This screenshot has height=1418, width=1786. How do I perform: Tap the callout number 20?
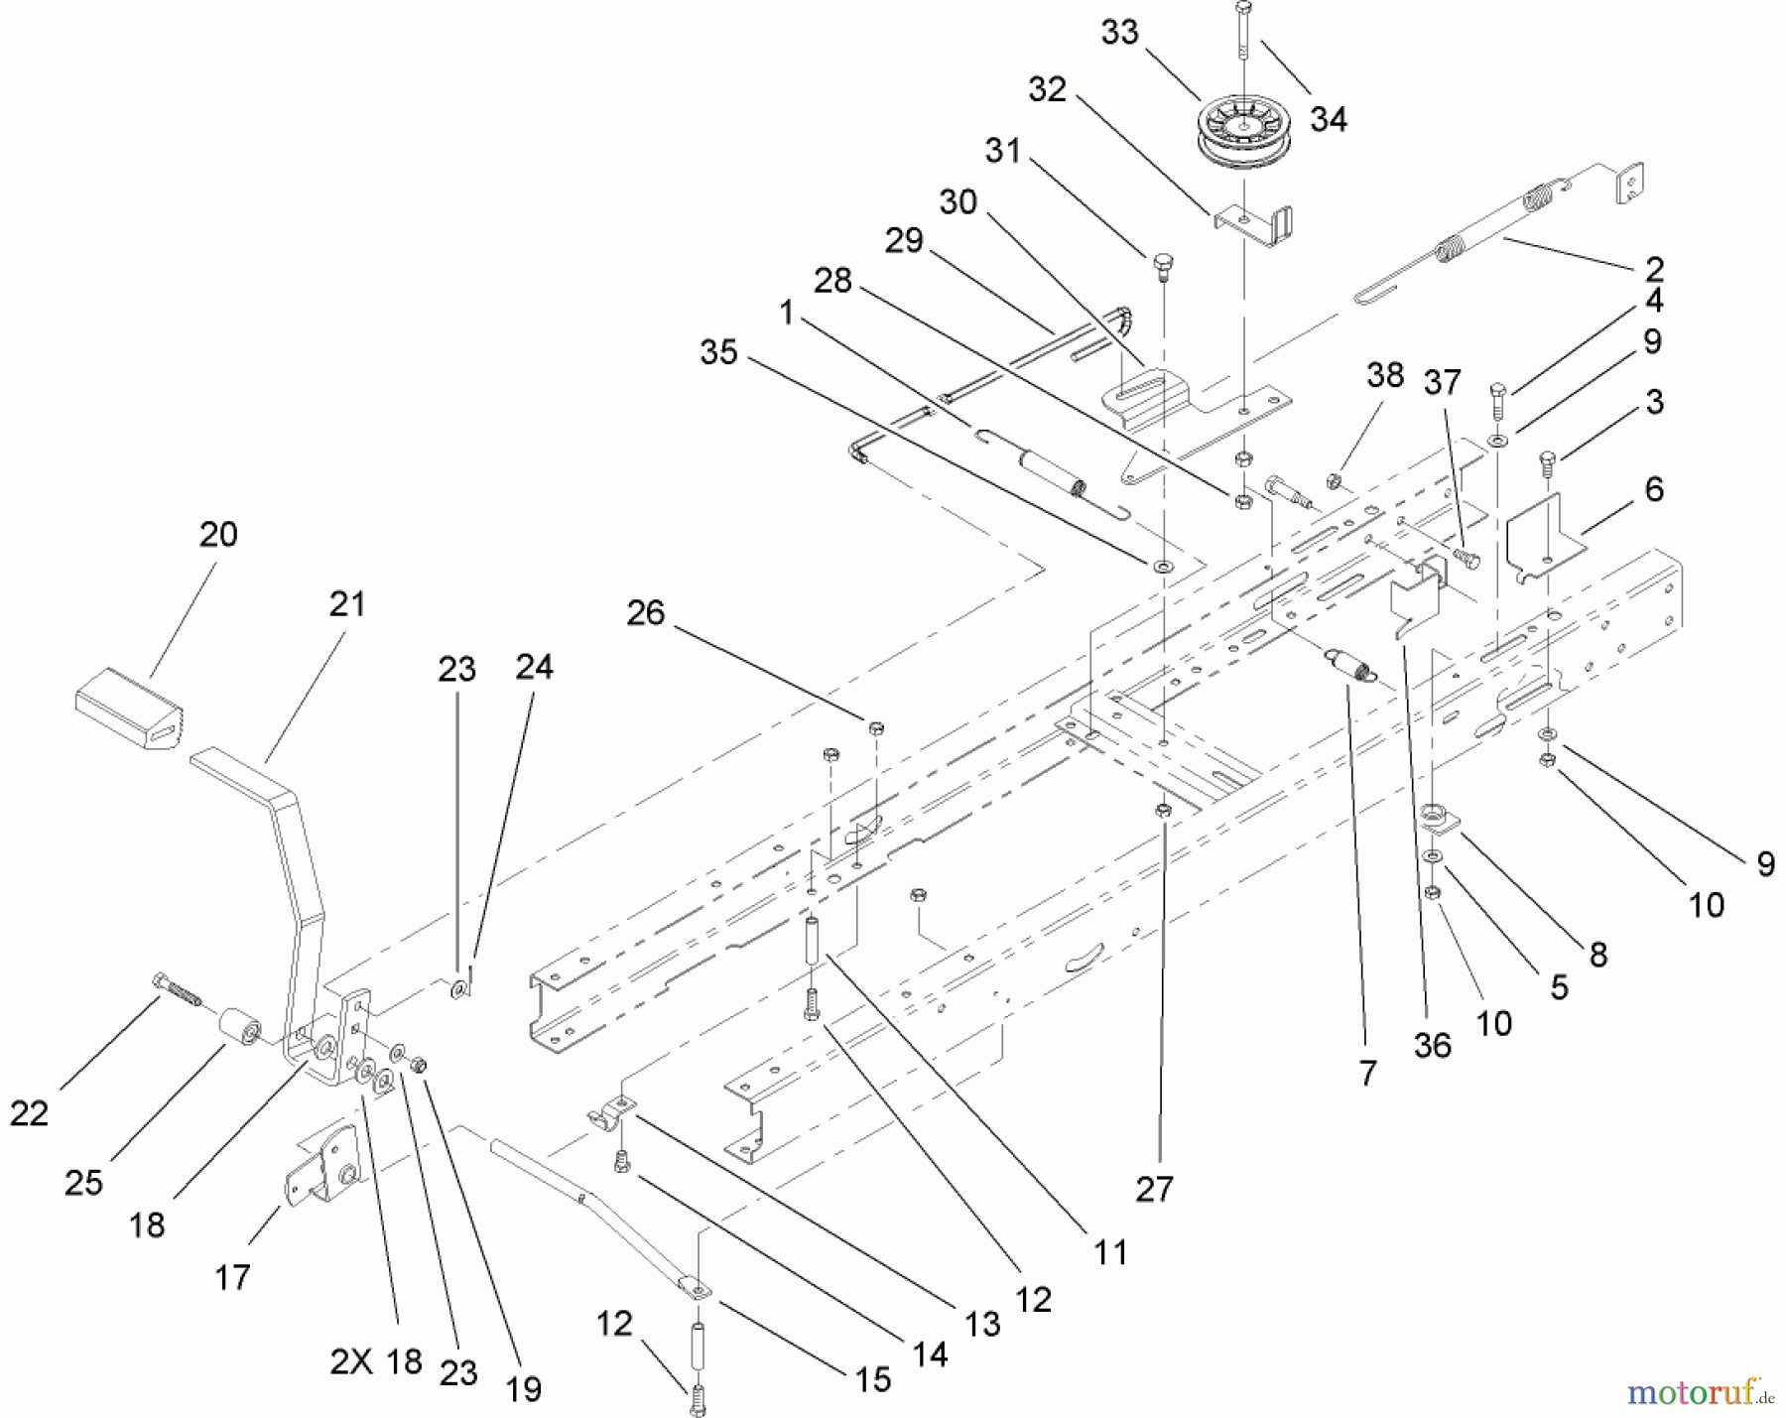(x=218, y=535)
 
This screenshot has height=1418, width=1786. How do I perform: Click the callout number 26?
(x=645, y=613)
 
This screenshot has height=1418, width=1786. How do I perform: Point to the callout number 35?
(x=718, y=352)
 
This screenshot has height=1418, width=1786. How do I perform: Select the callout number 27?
(x=1154, y=1188)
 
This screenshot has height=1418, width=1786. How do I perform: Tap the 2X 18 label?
(x=376, y=1361)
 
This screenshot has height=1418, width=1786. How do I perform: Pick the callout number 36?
(x=1432, y=1045)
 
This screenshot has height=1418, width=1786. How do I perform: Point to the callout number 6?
(x=1653, y=489)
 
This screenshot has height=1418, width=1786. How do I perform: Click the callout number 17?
(x=232, y=1277)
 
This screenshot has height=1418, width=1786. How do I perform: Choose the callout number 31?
(x=1003, y=151)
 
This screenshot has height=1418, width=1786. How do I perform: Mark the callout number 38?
(x=1385, y=375)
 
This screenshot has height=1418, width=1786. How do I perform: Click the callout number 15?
(x=872, y=1379)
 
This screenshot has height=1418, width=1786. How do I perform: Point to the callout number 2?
(x=1654, y=268)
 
